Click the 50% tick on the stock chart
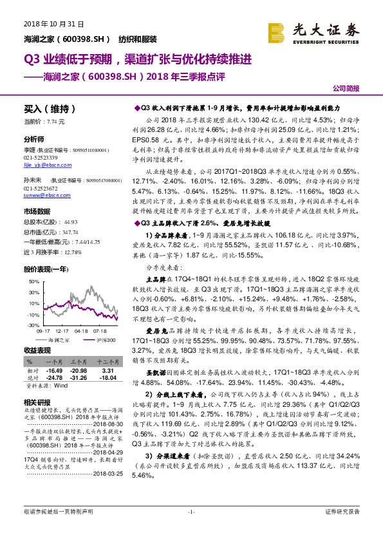click(32, 283)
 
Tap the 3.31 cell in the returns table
click(107, 371)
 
